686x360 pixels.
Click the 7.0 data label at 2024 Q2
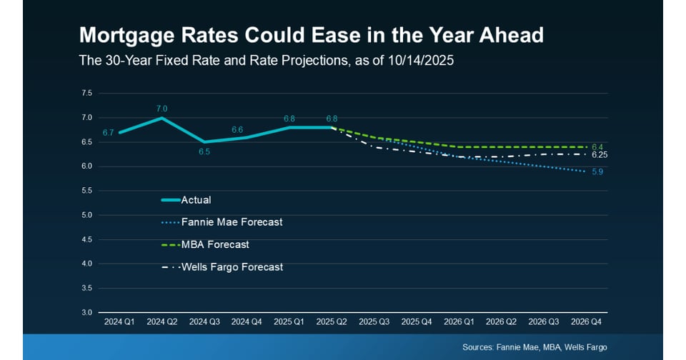(x=162, y=109)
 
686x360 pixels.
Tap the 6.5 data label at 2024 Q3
(x=204, y=152)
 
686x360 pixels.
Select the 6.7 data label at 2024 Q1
(x=108, y=133)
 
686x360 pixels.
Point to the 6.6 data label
(x=237, y=129)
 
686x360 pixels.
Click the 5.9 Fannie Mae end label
(x=597, y=172)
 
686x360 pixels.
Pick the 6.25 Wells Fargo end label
(x=600, y=155)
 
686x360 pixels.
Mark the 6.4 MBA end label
(x=597, y=147)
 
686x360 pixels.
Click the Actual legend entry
(x=187, y=200)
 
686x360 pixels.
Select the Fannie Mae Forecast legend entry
(x=222, y=222)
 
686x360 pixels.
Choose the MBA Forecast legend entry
(x=205, y=244)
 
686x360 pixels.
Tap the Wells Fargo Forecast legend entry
(x=222, y=267)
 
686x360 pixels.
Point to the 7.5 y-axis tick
(x=86, y=93)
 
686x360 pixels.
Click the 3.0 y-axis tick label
(x=86, y=312)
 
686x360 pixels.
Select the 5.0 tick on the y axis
(x=86, y=215)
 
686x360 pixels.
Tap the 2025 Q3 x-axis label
(x=374, y=322)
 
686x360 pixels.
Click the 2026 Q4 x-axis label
(x=586, y=322)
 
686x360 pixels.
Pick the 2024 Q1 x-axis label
(x=119, y=322)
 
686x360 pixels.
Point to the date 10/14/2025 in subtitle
(x=421, y=60)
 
